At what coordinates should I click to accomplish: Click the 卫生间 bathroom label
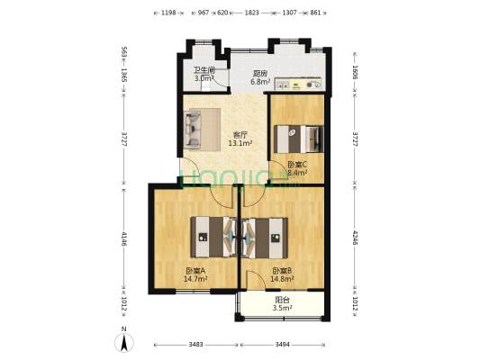[204, 70]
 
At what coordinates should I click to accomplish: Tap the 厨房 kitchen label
[260, 74]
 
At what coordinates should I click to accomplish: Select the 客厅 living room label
[240, 135]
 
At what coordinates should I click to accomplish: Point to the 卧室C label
[298, 164]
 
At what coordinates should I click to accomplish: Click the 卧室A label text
[196, 271]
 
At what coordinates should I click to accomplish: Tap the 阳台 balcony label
[283, 300]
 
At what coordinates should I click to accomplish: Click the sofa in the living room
[195, 129]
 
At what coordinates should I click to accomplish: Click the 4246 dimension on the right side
[355, 239]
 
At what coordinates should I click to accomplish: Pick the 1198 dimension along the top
[168, 13]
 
